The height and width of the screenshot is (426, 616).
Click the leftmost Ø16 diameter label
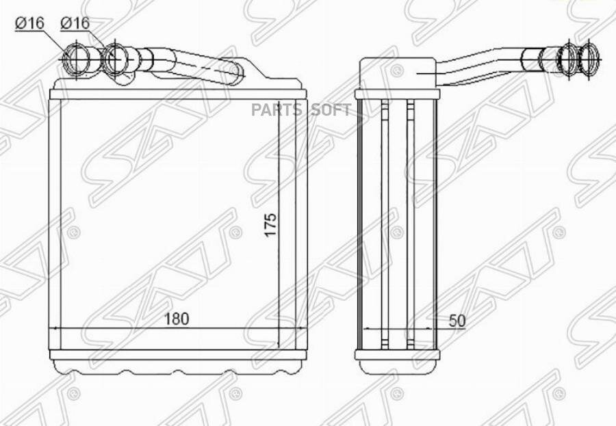pyautogui.click(x=29, y=23)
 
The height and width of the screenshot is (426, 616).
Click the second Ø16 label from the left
pyautogui.click(x=75, y=23)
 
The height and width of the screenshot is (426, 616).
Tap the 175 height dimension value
pyautogui.click(x=270, y=225)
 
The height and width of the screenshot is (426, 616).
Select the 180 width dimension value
pyautogui.click(x=177, y=319)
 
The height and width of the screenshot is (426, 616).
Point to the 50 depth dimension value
pyautogui.click(x=457, y=321)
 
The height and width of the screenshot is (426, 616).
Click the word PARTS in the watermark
pyautogui.click(x=277, y=110)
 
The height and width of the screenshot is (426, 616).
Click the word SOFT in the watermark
pyautogui.click(x=331, y=110)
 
